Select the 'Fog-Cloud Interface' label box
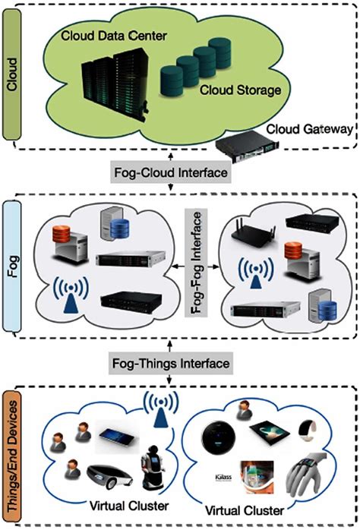point(180,174)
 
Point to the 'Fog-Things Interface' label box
point(181,364)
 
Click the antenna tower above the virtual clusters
point(161,410)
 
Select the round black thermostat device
point(221,440)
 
